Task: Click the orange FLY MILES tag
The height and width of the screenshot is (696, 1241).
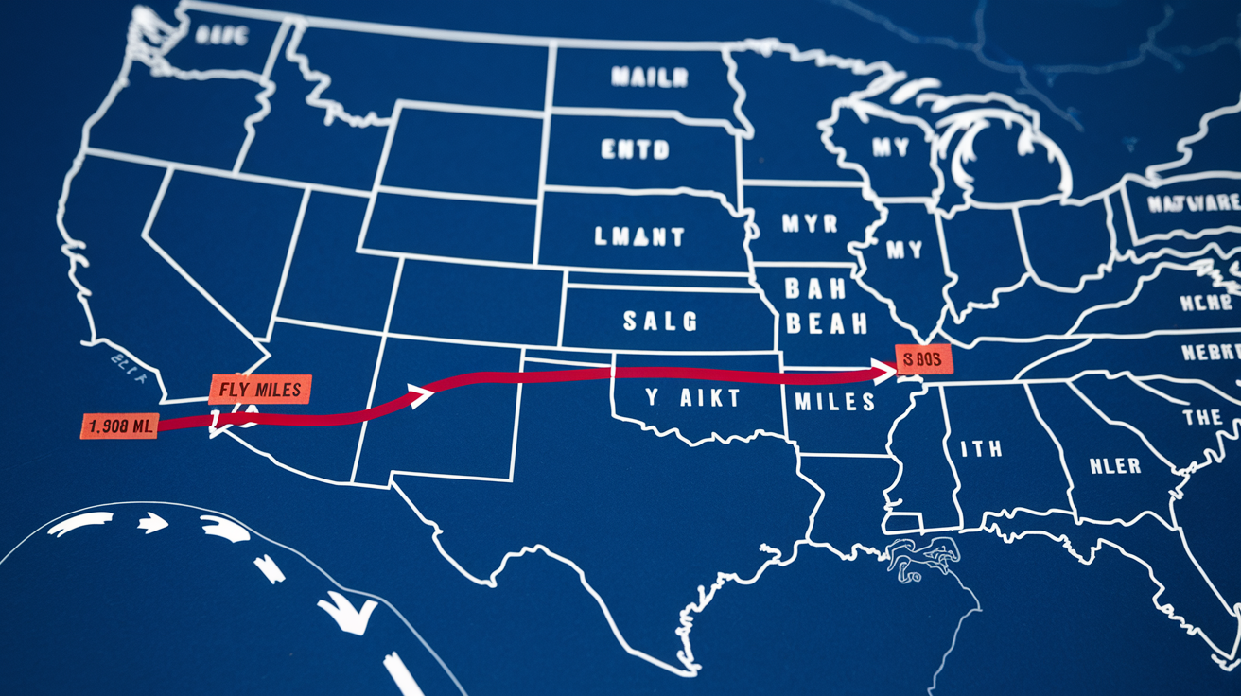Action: coord(259,390)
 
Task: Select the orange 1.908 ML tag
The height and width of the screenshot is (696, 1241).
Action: coord(120,426)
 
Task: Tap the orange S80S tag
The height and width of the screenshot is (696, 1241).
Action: coord(923,360)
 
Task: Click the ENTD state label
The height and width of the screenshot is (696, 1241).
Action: coord(635,149)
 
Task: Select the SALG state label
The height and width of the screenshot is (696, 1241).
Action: coord(660,322)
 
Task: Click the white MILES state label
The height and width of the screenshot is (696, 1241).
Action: coord(834,402)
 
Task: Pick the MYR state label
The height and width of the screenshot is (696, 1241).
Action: coord(810,225)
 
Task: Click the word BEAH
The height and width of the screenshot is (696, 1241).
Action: coord(826,324)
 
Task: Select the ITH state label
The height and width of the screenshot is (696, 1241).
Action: coord(981,448)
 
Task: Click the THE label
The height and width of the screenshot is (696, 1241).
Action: coord(1201,417)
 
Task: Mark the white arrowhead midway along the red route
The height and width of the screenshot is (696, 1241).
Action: coord(418,394)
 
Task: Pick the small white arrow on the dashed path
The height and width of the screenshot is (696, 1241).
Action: coord(151,523)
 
